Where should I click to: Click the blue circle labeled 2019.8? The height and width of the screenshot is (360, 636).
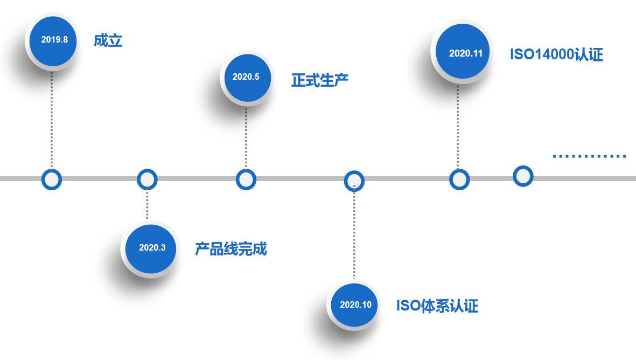tap(54, 39)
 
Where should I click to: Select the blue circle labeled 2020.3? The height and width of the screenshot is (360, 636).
tap(151, 248)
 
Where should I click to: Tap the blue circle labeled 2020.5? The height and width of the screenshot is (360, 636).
tap(246, 77)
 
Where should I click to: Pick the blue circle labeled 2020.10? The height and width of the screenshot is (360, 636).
tap(355, 304)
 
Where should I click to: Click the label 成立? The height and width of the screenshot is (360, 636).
tap(108, 40)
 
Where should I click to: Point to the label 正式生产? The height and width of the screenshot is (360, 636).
tap(320, 80)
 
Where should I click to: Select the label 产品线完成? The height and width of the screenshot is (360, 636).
tap(230, 249)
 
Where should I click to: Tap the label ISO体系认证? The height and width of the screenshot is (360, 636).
tap(437, 306)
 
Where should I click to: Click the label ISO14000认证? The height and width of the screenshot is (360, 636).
tap(556, 54)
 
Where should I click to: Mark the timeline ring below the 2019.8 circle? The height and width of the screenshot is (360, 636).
tap(52, 179)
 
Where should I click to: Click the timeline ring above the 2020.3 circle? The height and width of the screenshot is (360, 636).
tap(147, 179)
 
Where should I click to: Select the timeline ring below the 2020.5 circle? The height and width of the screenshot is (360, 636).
tap(246, 179)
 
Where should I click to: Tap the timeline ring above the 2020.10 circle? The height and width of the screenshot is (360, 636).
tap(354, 181)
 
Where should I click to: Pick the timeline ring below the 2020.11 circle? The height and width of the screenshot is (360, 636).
tap(459, 179)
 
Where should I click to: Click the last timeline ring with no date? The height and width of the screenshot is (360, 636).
tap(523, 176)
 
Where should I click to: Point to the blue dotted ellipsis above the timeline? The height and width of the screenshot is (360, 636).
tap(589, 156)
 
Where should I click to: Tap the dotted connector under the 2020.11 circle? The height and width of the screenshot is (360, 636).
tap(458, 127)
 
